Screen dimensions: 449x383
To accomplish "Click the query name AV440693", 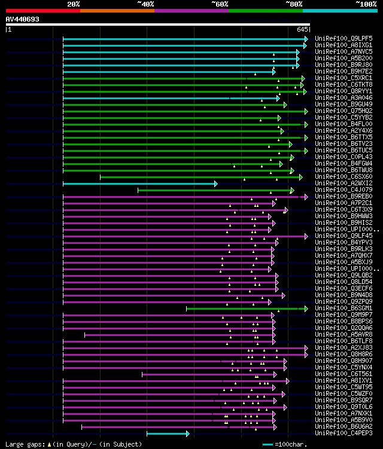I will pyautogui.click(x=23, y=19).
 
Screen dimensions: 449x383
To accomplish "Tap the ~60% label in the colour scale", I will pyautogui.click(x=220, y=4).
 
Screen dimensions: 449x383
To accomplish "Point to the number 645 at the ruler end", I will pyautogui.click(x=302, y=29).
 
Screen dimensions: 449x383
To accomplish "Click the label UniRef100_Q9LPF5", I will pyautogui.click(x=345, y=38).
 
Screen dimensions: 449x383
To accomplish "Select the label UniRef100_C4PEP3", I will pyautogui.click(x=345, y=433).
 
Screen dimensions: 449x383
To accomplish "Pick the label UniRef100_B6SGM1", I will pyautogui.click(x=345, y=308).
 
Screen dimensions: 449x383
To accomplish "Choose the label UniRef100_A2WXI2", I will pyautogui.click(x=345, y=183).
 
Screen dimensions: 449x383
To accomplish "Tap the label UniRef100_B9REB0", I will pyautogui.click(x=345, y=196).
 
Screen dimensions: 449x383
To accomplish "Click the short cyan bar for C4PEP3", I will pyautogui.click(x=168, y=433).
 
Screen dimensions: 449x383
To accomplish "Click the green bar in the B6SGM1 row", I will pyautogui.click(x=245, y=309).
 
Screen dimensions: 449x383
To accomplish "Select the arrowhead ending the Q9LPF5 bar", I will pyautogui.click(x=306, y=39).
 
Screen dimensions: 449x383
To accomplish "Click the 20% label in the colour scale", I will pyautogui.click(x=74, y=4).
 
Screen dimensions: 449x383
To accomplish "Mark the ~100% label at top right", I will pyautogui.click(x=366, y=4).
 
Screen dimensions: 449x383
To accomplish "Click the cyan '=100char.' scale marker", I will pyautogui.click(x=268, y=444).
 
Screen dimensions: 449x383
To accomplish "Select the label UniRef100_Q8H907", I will pyautogui.click(x=345, y=361).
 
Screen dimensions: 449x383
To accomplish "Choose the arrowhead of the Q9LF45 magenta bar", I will pyautogui.click(x=306, y=236).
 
